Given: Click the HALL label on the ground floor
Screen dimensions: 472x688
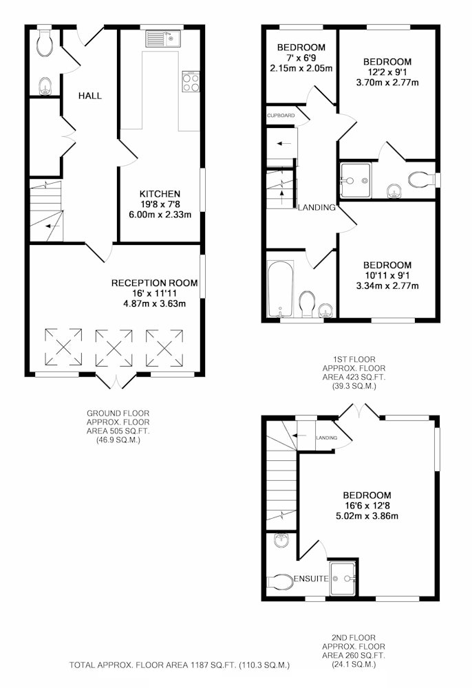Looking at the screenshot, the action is tap(90, 96).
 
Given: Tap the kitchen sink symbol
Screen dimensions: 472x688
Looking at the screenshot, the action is tap(163, 39).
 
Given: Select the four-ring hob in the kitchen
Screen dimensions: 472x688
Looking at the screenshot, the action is tap(191, 82).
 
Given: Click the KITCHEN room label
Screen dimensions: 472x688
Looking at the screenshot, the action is tap(160, 194).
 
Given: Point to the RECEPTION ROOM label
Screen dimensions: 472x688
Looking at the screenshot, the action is tap(154, 283).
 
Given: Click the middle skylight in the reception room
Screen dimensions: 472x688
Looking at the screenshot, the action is tap(114, 347).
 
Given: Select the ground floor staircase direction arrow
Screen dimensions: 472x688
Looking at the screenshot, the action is tap(53, 226).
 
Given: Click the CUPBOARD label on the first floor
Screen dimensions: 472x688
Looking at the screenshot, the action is tap(281, 116).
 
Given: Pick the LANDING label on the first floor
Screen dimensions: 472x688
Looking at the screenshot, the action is tap(317, 208).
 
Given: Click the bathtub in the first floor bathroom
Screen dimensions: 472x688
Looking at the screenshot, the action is tap(280, 289).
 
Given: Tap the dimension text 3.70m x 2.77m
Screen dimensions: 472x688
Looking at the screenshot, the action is tap(387, 82).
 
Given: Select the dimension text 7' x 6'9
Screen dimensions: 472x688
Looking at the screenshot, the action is tap(301, 58).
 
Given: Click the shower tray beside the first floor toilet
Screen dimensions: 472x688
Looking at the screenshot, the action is tap(356, 180).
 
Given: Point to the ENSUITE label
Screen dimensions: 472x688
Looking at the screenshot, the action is tap(311, 579).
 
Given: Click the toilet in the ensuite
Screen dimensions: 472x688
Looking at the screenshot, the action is tap(280, 582).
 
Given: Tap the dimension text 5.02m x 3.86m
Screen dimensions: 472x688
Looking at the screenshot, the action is tap(367, 516).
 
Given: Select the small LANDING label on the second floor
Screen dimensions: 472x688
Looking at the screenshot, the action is tap(327, 438).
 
